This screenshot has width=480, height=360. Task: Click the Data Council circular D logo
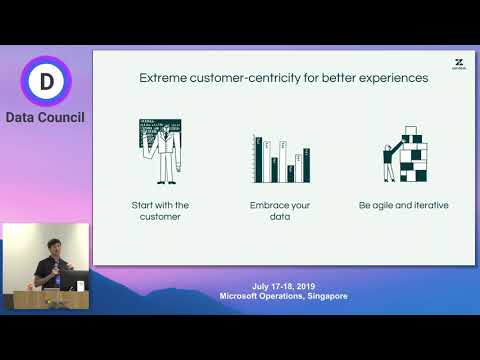point(45,80)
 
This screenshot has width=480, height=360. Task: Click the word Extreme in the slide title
point(161,77)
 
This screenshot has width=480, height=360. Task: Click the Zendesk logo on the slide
point(458,63)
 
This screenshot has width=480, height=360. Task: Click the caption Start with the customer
point(161,211)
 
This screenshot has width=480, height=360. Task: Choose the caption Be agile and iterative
point(403,205)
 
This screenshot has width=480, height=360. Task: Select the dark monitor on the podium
point(71,284)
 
